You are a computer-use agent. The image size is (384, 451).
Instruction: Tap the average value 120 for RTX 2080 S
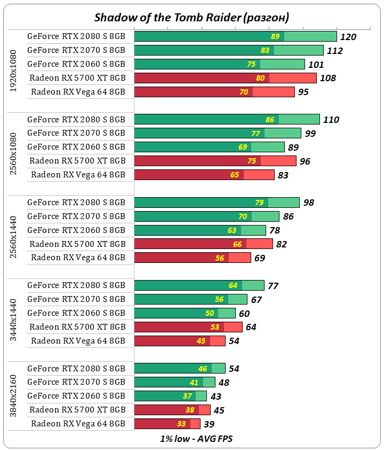[x=348, y=37]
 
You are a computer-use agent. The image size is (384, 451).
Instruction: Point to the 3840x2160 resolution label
[x=14, y=396]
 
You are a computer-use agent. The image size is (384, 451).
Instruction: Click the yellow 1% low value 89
[x=275, y=37]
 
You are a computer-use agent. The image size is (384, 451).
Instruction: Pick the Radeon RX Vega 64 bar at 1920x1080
[x=214, y=92]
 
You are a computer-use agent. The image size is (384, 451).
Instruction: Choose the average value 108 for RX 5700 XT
[x=327, y=78]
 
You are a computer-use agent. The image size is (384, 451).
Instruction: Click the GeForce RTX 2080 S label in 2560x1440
[x=76, y=203]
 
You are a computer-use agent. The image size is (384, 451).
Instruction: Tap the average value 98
[x=308, y=203]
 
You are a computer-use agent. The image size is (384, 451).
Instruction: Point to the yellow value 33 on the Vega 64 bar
[x=181, y=424]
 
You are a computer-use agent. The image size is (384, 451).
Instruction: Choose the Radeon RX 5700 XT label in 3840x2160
[x=78, y=409]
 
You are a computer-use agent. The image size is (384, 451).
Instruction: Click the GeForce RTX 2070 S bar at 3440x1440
[x=190, y=299]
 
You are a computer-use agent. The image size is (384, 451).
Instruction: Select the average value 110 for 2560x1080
[x=331, y=120]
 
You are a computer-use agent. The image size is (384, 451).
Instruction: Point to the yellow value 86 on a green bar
[x=270, y=120]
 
